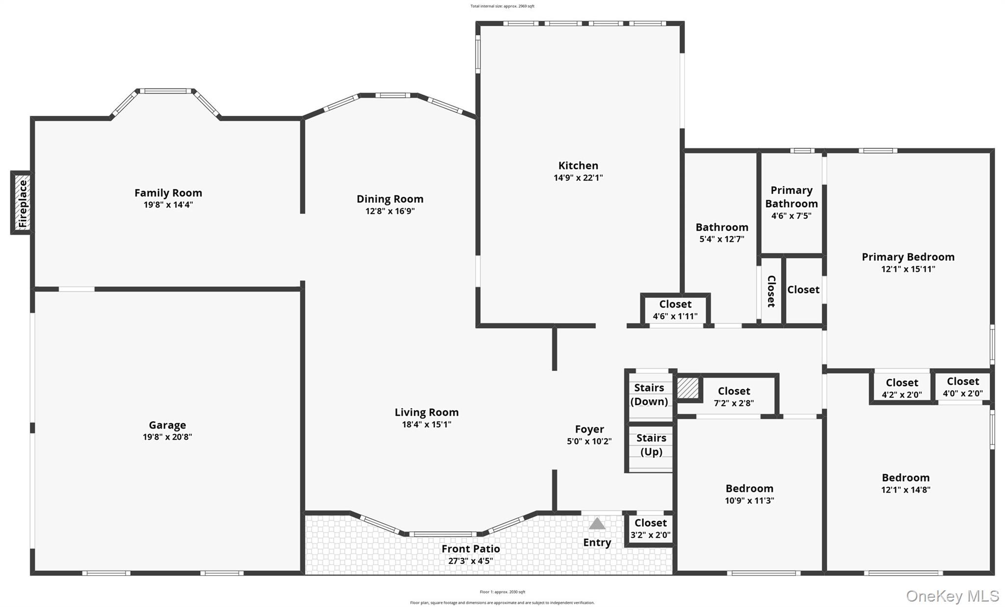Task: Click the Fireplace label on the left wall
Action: (x=23, y=203)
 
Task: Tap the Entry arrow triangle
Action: (x=597, y=524)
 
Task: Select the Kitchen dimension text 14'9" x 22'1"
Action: (x=578, y=178)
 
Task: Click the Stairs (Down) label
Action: (x=649, y=395)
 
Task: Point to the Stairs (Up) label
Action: (x=651, y=445)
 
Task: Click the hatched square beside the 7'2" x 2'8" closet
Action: (x=688, y=388)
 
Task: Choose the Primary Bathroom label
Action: (x=791, y=197)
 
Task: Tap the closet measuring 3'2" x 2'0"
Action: (x=650, y=529)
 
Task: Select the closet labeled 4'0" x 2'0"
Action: (x=962, y=387)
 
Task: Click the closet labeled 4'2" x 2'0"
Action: (x=901, y=388)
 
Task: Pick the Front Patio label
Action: (x=471, y=549)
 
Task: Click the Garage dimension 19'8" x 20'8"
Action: (x=167, y=437)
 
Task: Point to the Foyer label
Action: (x=589, y=429)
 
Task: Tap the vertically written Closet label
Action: (x=771, y=291)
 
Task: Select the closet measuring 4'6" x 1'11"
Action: (x=675, y=310)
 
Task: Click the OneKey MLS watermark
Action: (x=952, y=596)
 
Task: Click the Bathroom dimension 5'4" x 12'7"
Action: (x=721, y=239)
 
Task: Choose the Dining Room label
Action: (x=390, y=199)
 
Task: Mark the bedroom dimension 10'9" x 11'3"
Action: (x=749, y=501)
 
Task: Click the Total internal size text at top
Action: (x=502, y=6)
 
